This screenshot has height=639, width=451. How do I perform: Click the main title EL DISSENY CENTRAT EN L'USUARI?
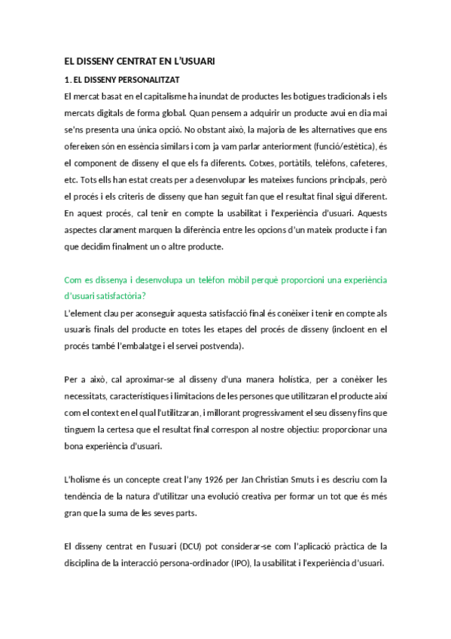(139, 61)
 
